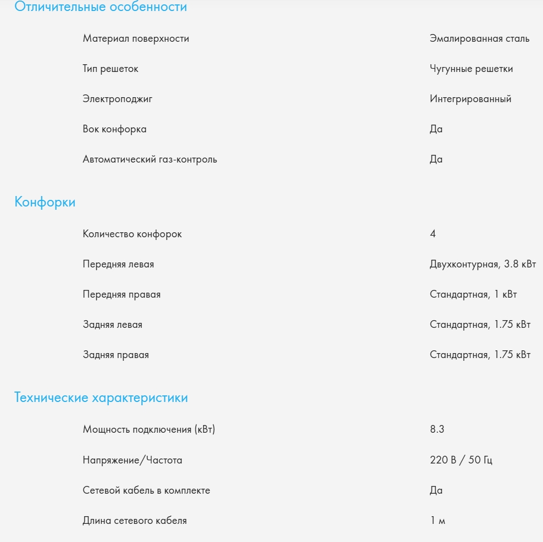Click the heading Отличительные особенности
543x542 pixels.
pyautogui.click(x=101, y=7)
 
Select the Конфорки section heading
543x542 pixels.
pyautogui.click(x=45, y=202)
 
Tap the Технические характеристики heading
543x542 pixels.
pyautogui.click(x=101, y=398)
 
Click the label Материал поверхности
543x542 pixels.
pyautogui.click(x=136, y=38)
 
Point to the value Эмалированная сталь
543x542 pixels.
pyautogui.click(x=479, y=38)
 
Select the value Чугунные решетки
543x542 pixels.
pyautogui.click(x=471, y=69)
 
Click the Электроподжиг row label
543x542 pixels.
pyautogui.click(x=118, y=99)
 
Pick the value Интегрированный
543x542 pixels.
pyautogui.click(x=470, y=99)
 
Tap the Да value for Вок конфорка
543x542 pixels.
pyautogui.click(x=436, y=129)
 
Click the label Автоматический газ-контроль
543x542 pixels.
pyautogui.click(x=150, y=159)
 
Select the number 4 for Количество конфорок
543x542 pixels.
pyautogui.click(x=433, y=234)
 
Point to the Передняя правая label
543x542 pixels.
pyautogui.click(x=121, y=294)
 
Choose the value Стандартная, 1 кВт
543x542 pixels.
pyautogui.click(x=473, y=294)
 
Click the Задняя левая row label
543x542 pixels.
pyautogui.click(x=113, y=325)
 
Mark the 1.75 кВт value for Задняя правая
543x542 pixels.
pyautogui.click(x=480, y=355)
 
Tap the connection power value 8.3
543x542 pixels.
pyautogui.click(x=437, y=429)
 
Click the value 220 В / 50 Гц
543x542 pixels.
pyautogui.click(x=461, y=460)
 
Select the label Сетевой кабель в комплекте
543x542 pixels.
pyautogui.click(x=146, y=490)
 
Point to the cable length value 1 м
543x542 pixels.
pyautogui.click(x=437, y=521)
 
